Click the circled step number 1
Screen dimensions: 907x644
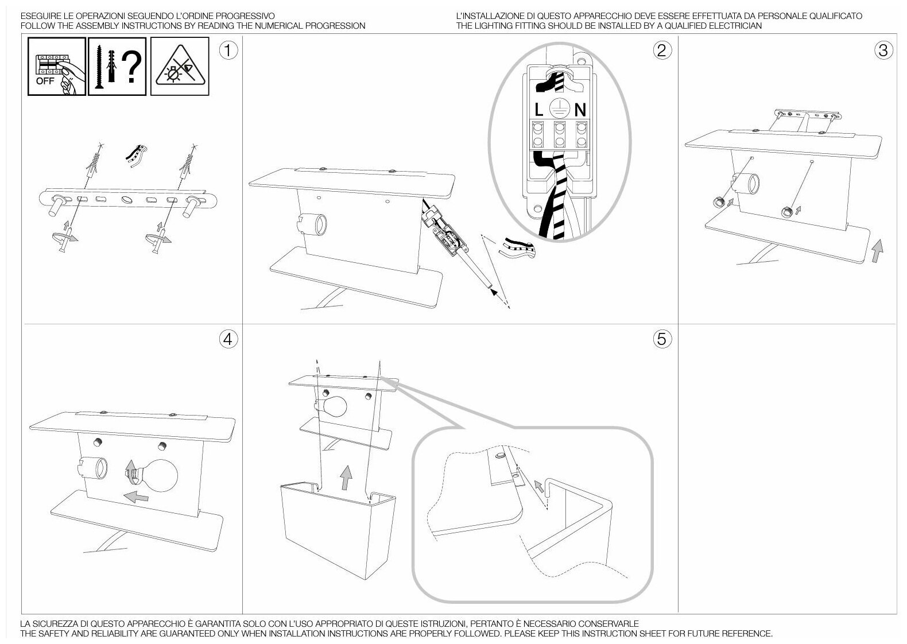pyautogui.click(x=228, y=51)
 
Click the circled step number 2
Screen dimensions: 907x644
pyautogui.click(x=662, y=51)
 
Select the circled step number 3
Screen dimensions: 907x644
pyautogui.click(x=883, y=51)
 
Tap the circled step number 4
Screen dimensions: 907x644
pyautogui.click(x=228, y=339)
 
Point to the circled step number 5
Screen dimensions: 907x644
pyautogui.click(x=662, y=339)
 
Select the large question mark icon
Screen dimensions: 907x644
pyautogui.click(x=132, y=68)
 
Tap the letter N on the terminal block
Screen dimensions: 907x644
pyautogui.click(x=580, y=110)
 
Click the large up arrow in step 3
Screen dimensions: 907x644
pyautogui.click(x=877, y=251)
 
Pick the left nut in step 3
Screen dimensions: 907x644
pyautogui.click(x=718, y=202)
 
